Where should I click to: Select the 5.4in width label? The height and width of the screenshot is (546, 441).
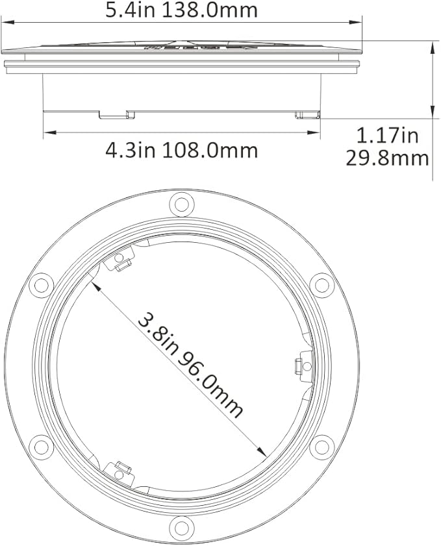132,10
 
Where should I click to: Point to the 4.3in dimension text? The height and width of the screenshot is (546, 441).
131,150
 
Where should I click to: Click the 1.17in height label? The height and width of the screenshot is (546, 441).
387,136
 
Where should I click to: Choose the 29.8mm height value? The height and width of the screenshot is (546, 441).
387,158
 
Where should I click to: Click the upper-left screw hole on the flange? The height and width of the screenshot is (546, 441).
42,284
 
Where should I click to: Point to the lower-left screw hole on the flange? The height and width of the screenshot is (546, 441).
42,447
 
